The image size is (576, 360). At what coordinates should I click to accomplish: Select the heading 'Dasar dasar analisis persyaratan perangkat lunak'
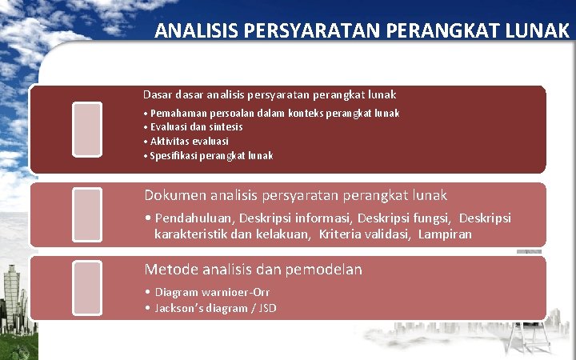(x=270, y=94)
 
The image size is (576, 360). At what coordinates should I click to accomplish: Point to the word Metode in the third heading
(x=169, y=270)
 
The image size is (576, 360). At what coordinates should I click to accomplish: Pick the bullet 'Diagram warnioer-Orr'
(x=206, y=293)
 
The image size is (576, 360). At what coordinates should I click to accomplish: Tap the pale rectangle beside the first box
(x=86, y=128)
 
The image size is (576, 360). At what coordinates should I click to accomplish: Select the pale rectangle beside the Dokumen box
(x=86, y=214)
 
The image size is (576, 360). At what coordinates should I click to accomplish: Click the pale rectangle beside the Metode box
(x=86, y=287)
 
